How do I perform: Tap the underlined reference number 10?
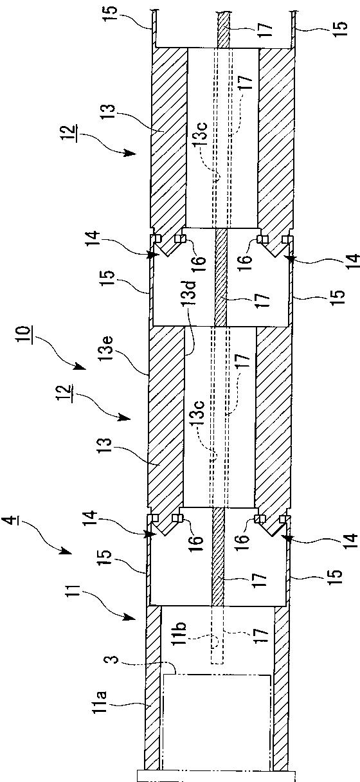(24, 335)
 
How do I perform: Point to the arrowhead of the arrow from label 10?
(80, 366)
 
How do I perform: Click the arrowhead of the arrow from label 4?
(67, 552)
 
